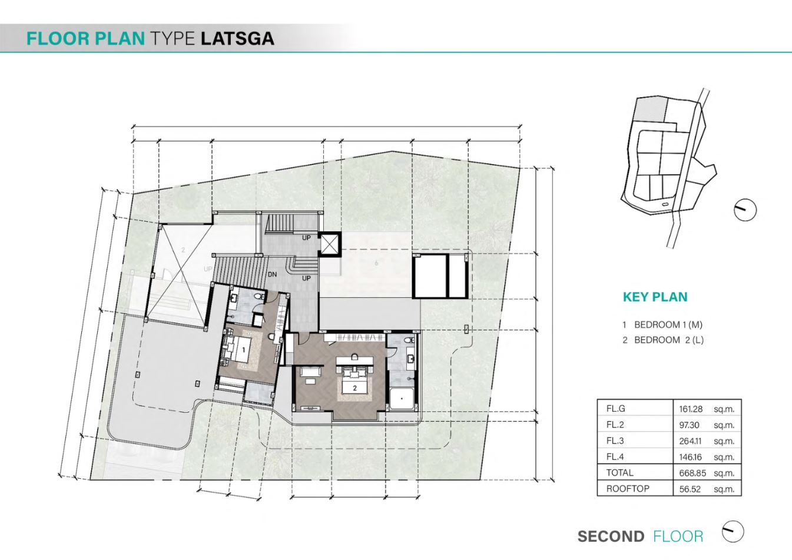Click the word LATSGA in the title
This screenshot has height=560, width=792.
point(238,38)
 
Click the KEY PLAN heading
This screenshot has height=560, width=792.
point(655,297)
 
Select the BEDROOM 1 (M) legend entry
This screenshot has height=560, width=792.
point(662,324)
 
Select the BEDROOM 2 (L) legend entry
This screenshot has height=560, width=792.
point(663,340)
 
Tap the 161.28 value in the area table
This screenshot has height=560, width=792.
point(691,409)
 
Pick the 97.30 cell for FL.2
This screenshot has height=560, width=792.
point(689,425)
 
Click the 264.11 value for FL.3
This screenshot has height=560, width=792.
point(690,441)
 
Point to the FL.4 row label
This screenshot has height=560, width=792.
point(615,457)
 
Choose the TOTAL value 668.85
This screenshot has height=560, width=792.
point(692,473)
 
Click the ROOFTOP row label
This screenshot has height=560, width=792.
point(628,489)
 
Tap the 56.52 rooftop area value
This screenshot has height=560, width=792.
point(690,489)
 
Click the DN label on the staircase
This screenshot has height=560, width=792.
point(272,274)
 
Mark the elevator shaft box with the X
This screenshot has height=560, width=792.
point(329,244)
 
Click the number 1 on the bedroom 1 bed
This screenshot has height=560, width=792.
point(243,350)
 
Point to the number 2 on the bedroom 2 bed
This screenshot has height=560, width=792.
point(354,388)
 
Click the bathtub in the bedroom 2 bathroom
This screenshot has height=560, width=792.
point(402,399)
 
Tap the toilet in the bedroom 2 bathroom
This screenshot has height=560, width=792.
point(409,340)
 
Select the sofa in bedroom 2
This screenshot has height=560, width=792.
point(310,372)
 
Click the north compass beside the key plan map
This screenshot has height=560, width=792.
point(745,210)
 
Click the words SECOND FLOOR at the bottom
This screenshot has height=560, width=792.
point(640,536)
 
